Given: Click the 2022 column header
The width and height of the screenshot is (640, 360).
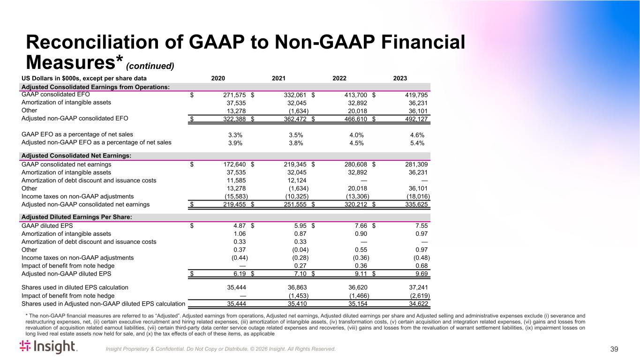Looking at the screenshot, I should [x=339, y=78].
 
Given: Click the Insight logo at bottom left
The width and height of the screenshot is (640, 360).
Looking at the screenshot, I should [x=48, y=347].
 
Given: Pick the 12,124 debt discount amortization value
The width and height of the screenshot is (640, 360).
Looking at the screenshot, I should [x=296, y=180].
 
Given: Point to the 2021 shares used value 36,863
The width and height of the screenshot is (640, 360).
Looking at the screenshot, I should [x=297, y=287].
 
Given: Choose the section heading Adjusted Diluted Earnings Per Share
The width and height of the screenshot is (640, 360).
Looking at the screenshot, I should [x=76, y=217].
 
